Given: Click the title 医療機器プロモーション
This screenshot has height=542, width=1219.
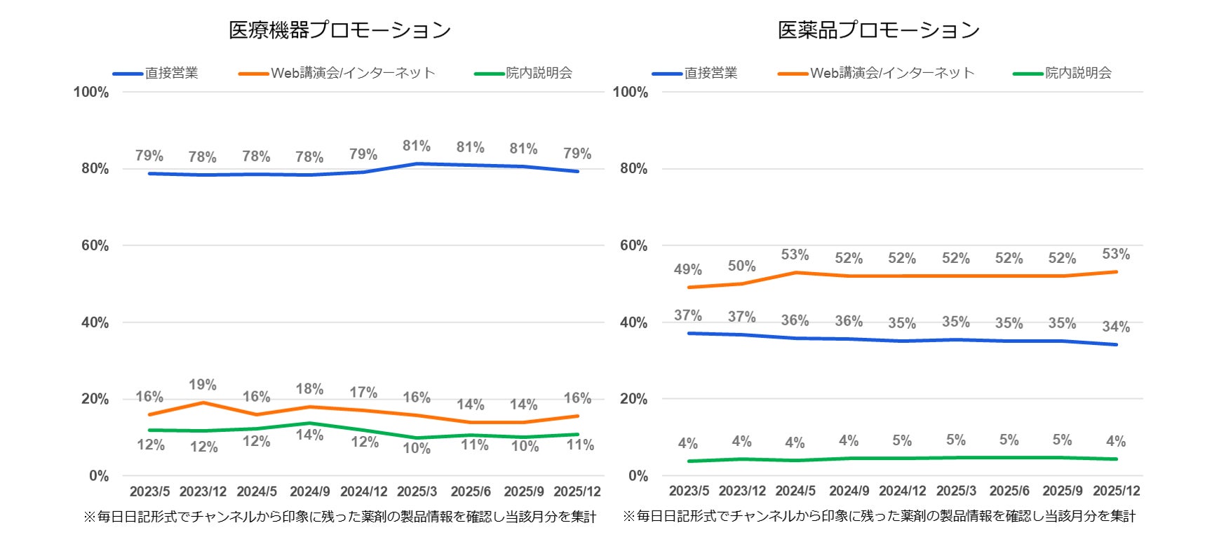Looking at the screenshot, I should [x=339, y=30].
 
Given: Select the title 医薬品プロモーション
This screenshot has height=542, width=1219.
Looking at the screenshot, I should [x=878, y=30].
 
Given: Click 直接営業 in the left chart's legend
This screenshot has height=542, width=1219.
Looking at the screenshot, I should [x=171, y=73].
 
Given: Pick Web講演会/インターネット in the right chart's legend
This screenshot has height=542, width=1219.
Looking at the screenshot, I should [x=892, y=73].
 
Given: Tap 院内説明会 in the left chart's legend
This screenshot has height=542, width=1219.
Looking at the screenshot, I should [x=539, y=73].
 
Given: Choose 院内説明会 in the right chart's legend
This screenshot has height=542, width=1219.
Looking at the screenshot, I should [x=1078, y=73].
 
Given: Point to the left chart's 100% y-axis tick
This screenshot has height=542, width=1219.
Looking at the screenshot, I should [x=91, y=92].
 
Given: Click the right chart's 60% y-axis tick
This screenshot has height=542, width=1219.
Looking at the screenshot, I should [x=633, y=245].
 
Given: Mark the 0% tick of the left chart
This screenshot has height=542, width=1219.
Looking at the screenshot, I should [x=99, y=476].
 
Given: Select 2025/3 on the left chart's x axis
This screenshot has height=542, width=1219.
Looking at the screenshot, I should [x=417, y=492].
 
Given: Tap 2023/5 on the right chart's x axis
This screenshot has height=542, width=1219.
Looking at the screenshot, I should [x=689, y=492].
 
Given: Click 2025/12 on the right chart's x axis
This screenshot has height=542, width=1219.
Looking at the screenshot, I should [x=1116, y=492].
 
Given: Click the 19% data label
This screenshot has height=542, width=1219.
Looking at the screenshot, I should [x=203, y=385].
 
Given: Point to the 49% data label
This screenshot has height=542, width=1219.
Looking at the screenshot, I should [x=687, y=269].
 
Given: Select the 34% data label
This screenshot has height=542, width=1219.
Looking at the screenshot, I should [x=1115, y=327].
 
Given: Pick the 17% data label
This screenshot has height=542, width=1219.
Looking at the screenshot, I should [x=363, y=392].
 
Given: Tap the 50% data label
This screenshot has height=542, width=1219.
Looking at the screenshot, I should [x=741, y=266].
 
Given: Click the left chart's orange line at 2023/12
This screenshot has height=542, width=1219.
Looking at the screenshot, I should [x=203, y=402].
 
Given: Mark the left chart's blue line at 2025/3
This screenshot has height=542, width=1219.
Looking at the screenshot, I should [x=417, y=164].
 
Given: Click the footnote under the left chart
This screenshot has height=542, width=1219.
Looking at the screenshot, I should [x=339, y=517].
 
